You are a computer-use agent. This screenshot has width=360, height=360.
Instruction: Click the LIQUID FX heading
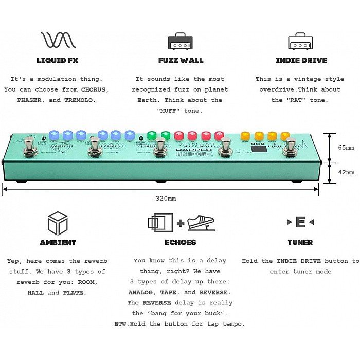(58, 60)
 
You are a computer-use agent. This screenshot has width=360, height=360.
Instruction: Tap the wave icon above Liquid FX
(58, 40)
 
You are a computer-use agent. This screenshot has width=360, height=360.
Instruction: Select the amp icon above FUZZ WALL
(180, 41)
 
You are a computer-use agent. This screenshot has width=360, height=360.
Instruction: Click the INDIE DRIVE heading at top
(301, 60)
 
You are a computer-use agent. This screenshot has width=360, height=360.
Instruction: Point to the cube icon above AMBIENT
(58, 223)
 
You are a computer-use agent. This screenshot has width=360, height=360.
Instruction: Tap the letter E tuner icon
(300, 222)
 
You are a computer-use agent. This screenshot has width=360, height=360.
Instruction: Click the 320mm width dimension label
(165, 198)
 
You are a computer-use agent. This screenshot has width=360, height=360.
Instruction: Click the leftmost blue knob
(55, 135)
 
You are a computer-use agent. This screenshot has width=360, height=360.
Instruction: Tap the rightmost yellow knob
(284, 136)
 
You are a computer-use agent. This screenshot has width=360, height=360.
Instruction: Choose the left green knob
(152, 136)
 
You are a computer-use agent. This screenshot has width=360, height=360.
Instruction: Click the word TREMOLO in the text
(79, 100)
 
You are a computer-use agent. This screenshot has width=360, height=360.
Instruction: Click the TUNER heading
(300, 242)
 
